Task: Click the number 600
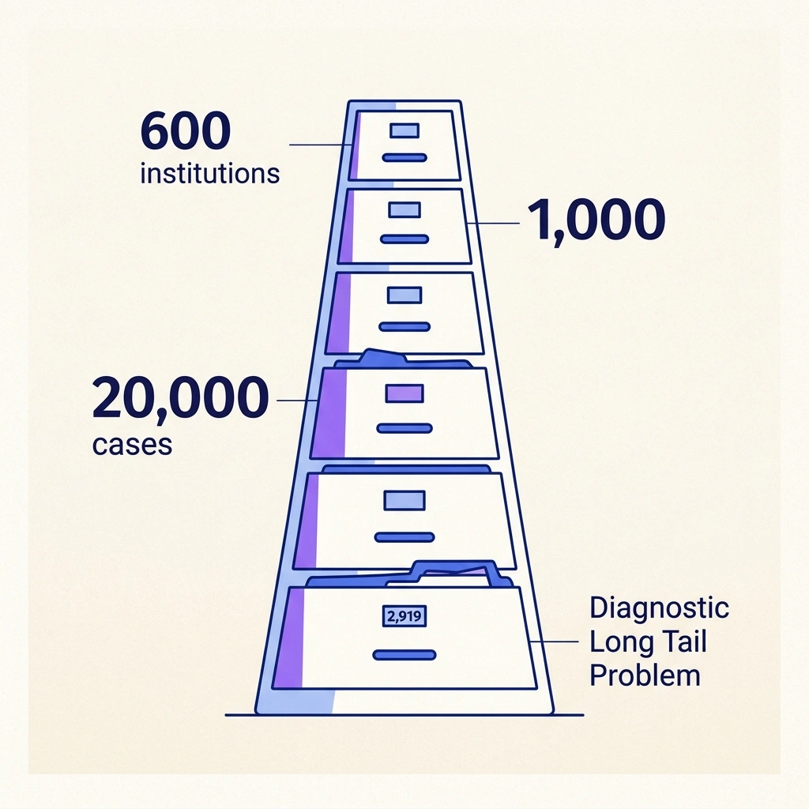point(185,131)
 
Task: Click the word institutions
point(209,172)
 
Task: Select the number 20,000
point(180,399)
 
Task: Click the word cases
point(132,444)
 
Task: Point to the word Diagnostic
point(660,608)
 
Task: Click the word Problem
point(645,675)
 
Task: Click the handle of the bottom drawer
point(404,654)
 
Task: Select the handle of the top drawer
point(404,157)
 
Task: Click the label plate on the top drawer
point(404,131)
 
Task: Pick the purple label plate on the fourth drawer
point(404,393)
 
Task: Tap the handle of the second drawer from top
point(404,238)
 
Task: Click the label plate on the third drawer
point(404,295)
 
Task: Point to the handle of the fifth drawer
point(404,537)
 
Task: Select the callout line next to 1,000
point(494,224)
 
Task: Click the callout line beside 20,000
point(297,401)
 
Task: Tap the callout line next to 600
point(321,145)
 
